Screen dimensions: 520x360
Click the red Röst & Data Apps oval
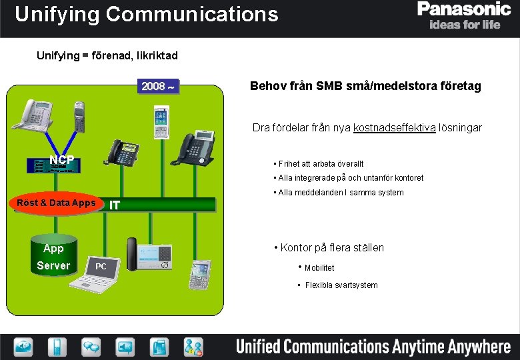tap(57, 203)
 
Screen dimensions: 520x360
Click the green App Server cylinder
tap(53, 257)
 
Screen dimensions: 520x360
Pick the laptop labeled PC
tap(99, 272)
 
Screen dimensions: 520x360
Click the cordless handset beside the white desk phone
tap(79, 116)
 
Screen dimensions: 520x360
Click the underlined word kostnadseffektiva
tap(395, 127)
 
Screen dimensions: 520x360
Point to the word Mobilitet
tap(319, 268)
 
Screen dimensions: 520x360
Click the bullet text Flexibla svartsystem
tap(341, 285)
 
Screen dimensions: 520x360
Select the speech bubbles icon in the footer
tap(91, 346)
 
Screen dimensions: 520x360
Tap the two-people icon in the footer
tap(194, 347)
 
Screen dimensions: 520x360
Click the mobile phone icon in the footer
tap(57, 347)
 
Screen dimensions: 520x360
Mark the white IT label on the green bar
tap(115, 205)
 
